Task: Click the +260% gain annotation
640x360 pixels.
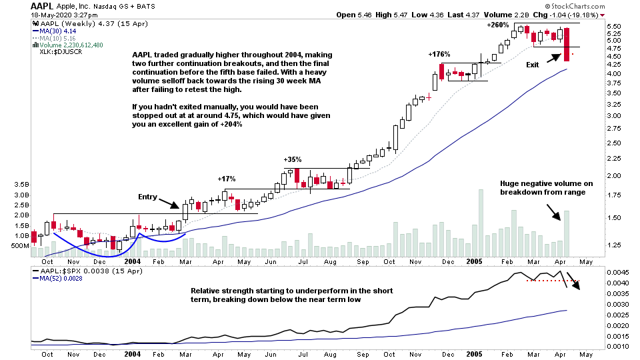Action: pyautogui.click(x=499, y=25)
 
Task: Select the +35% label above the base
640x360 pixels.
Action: pyautogui.click(x=293, y=159)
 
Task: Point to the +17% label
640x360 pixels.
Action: pyautogui.click(x=227, y=179)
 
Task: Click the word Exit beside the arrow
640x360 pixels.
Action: pyautogui.click(x=532, y=65)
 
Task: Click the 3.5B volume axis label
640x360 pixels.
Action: pyautogui.click(x=20, y=184)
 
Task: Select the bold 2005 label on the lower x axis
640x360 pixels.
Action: pyautogui.click(x=474, y=354)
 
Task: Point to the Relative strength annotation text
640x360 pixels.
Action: pyautogui.click(x=291, y=295)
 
